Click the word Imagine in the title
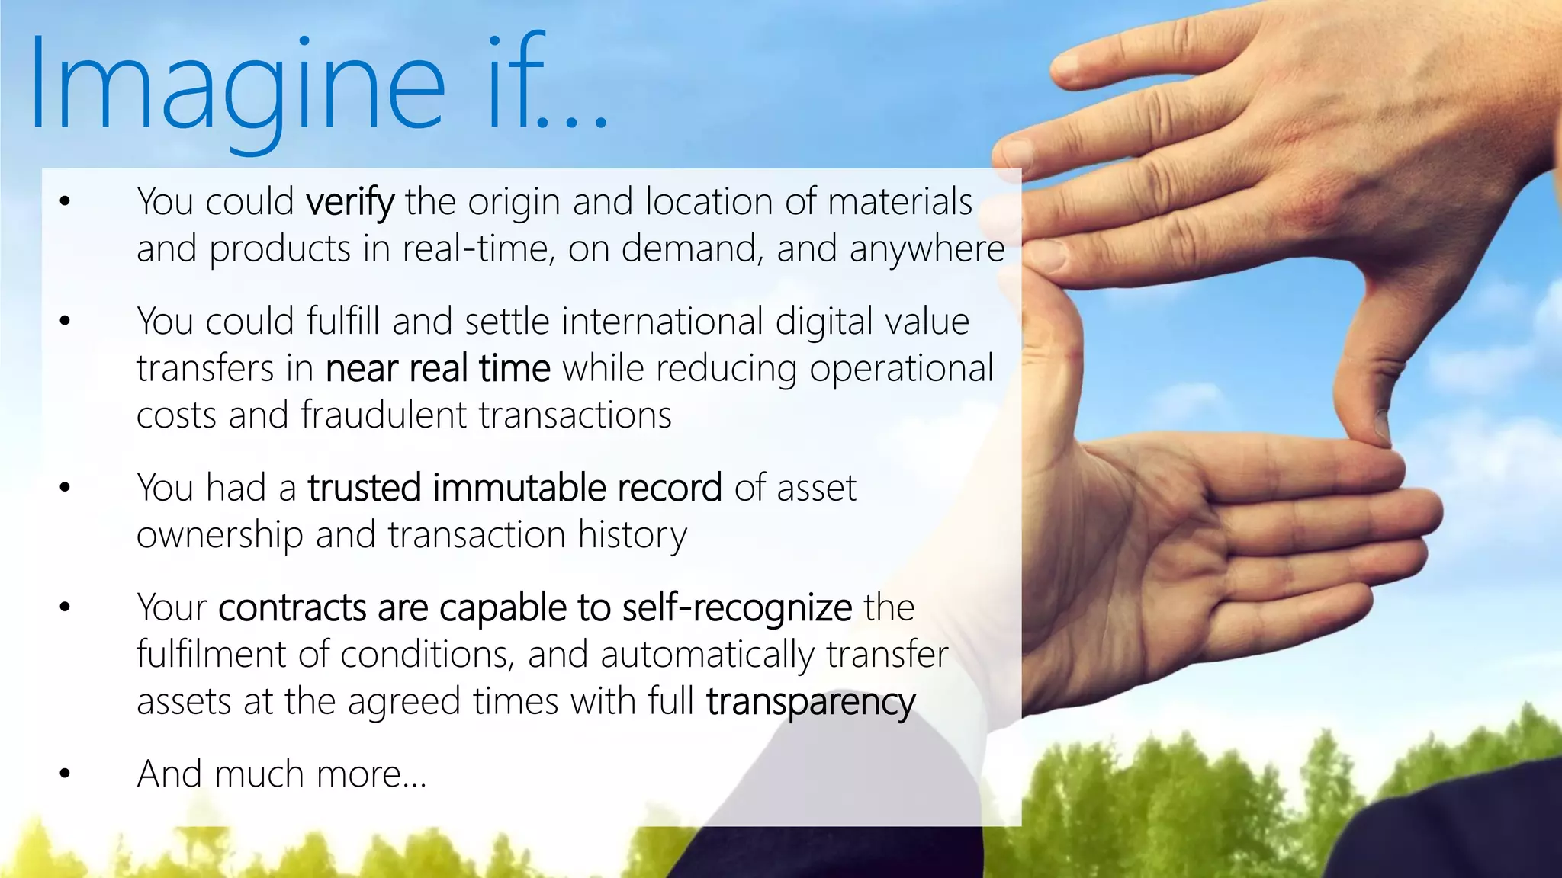pyautogui.click(x=236, y=88)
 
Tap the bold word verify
pyautogui.click(x=350, y=203)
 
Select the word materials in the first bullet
pyautogui.click(x=900, y=202)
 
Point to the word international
pyautogui.click(x=662, y=322)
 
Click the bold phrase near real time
pyautogui.click(x=438, y=369)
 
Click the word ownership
pyautogui.click(x=220, y=536)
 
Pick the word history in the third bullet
pyautogui.click(x=632, y=536)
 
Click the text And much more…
pyautogui.click(x=281, y=774)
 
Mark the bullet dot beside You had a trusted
pyautogui.click(x=65, y=489)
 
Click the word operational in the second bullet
pyautogui.click(x=902, y=369)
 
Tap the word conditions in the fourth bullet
pyautogui.click(x=426, y=655)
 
